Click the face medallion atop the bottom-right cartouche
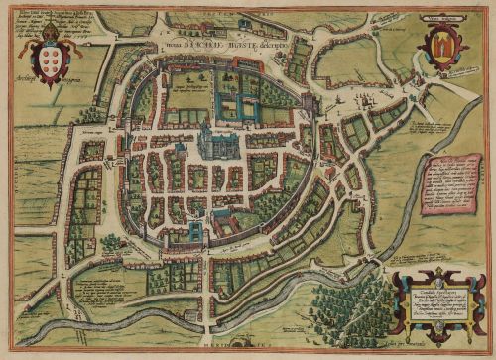pyautogui.click(x=434, y=273)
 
